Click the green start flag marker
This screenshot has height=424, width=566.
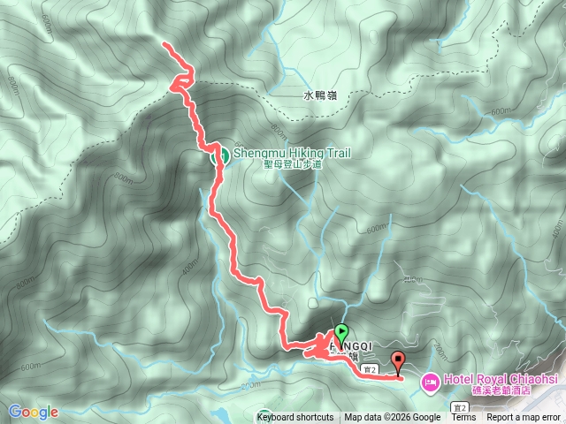[x=341, y=334]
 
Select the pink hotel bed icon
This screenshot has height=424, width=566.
[x=429, y=382]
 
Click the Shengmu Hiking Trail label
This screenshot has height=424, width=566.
[x=292, y=153]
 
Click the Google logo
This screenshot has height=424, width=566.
[x=34, y=412]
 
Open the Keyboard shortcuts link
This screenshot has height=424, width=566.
[x=295, y=418]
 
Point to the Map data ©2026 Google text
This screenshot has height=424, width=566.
[x=393, y=418]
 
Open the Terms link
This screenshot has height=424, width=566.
[x=463, y=418]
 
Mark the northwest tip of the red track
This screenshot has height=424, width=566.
[x=165, y=43]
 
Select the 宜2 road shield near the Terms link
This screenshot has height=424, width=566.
[x=459, y=407]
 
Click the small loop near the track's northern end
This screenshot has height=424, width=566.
[x=180, y=82]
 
